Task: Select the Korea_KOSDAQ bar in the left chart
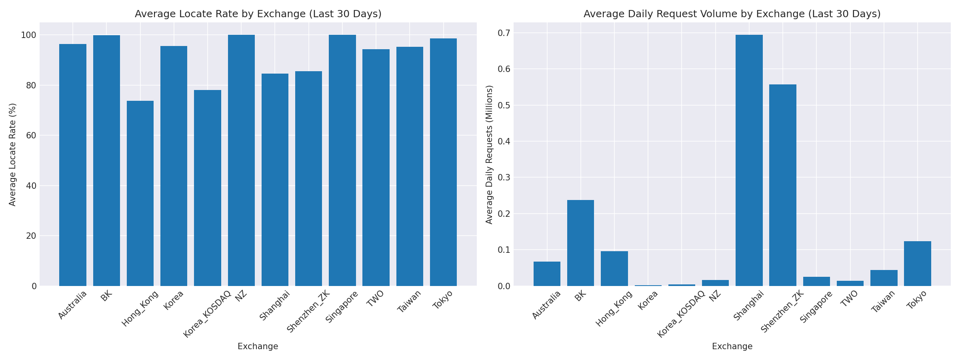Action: click(207, 188)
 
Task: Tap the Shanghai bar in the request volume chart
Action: click(749, 160)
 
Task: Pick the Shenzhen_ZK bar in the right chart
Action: click(782, 185)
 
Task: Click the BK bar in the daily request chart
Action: click(580, 243)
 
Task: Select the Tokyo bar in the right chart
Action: click(917, 263)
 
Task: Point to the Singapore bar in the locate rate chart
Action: click(342, 160)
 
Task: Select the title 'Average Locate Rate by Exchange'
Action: click(258, 14)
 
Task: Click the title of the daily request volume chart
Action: click(732, 14)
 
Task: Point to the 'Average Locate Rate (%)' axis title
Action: click(12, 154)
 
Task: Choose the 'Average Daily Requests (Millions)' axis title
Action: click(489, 154)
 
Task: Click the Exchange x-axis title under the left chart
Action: click(258, 346)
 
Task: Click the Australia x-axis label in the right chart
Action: click(546, 305)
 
